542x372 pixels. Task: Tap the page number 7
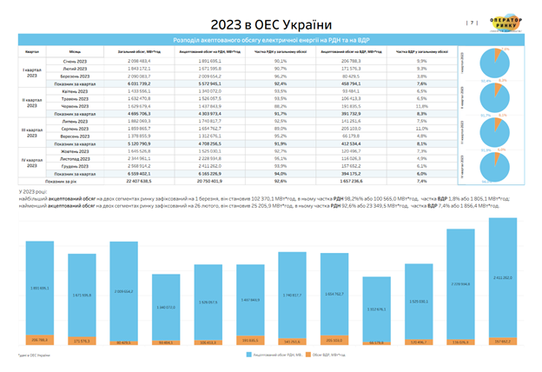click(473, 23)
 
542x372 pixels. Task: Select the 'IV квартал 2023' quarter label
click(32, 161)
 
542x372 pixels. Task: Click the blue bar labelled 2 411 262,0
click(501, 281)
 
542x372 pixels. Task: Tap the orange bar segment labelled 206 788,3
click(39, 340)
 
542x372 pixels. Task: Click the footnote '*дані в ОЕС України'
click(33, 355)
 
